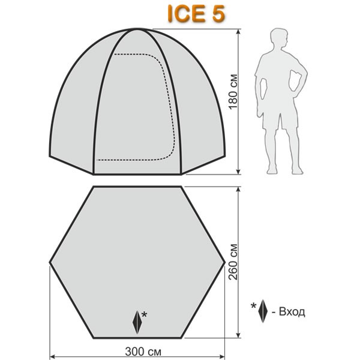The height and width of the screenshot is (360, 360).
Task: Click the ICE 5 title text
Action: coord(194,14)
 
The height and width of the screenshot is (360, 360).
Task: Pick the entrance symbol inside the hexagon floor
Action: coord(138,322)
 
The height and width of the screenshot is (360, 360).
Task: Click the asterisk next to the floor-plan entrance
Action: coord(145,314)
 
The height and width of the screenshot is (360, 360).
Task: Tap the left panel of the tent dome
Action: coord(72,102)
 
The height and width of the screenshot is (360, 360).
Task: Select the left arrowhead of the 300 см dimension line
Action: coord(50,355)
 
